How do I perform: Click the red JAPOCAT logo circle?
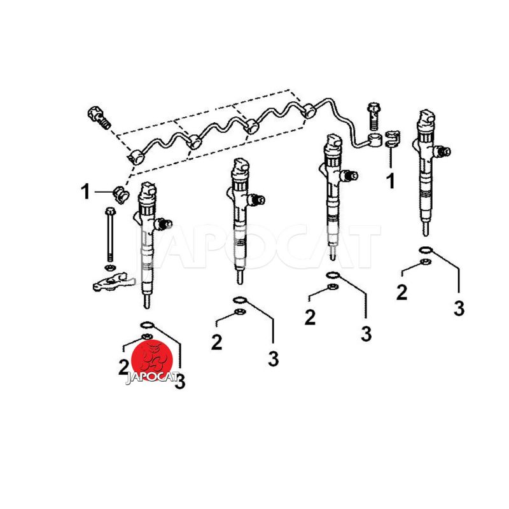pos(151,359)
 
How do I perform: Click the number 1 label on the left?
pos(85,192)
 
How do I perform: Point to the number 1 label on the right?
pos(391,181)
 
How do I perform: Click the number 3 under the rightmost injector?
pos(459,308)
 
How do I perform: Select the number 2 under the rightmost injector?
pos(402,293)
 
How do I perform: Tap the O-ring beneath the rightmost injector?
pos(426,250)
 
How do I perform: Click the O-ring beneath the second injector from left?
pos(241,300)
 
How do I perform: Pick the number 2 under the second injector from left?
pos(216,342)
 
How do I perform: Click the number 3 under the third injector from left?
pos(366,333)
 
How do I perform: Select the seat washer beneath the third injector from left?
pos(333,287)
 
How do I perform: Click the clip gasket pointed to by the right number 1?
pos(392,139)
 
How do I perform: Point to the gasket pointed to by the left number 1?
pos(120,195)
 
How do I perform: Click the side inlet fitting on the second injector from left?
pos(258,199)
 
